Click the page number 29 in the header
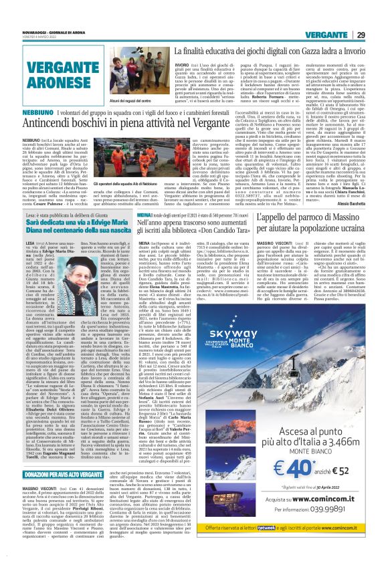pyautogui.click(x=378, y=15)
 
